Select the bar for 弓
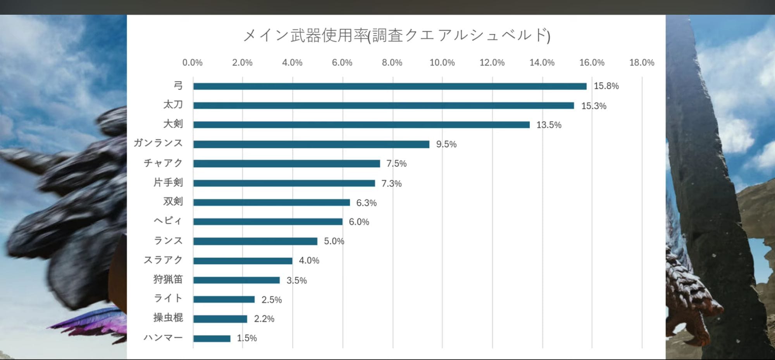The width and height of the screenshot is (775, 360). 390,86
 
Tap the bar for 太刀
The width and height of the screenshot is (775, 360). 384,105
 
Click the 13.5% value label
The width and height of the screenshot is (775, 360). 549,125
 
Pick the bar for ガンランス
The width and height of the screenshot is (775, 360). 311,144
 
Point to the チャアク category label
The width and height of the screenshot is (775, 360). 163,163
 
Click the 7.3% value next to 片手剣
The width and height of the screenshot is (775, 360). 391,183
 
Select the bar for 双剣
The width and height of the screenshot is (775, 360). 272,202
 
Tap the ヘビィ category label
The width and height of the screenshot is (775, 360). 168,221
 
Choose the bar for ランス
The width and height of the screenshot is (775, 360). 255,241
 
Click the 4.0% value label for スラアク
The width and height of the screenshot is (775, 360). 309,260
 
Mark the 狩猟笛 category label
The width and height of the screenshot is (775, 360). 168,279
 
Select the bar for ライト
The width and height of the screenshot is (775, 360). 224,299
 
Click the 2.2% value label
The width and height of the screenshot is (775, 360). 264,319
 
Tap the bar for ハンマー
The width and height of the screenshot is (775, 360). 212,338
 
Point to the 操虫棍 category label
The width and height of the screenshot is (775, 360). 168,318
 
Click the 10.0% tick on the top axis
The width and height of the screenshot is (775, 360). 442,62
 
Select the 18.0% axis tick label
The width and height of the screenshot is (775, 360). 641,62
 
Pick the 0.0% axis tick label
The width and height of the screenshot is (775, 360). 192,62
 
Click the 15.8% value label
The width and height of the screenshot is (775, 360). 606,86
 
